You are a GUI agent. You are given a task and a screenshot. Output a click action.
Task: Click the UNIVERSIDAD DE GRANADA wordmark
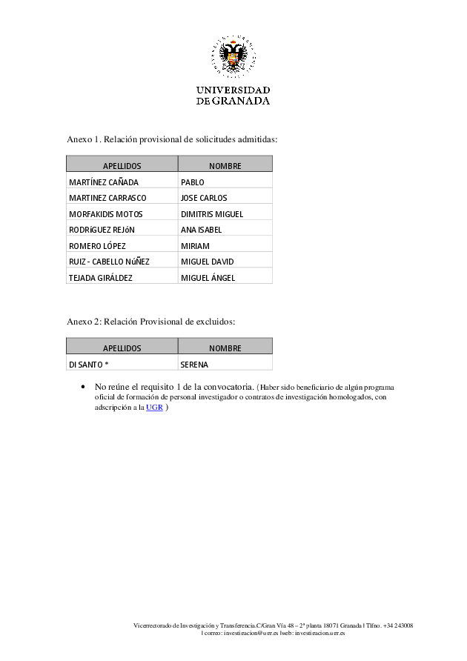click(x=233, y=96)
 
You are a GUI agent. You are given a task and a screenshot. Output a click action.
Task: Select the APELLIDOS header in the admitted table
click(x=122, y=165)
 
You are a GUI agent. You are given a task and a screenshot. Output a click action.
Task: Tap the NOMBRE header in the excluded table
click(x=225, y=348)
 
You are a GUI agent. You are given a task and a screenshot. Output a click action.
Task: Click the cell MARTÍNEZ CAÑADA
click(x=104, y=182)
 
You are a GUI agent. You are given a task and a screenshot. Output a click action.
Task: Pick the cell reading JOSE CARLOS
click(x=204, y=198)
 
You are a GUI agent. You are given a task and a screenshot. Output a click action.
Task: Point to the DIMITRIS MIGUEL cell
click(x=212, y=214)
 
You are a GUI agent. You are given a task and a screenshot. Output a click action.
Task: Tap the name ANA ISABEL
click(x=201, y=230)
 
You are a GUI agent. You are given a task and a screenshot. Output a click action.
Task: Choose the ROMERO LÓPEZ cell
click(x=97, y=246)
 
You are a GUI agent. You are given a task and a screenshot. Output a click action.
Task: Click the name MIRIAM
click(x=195, y=246)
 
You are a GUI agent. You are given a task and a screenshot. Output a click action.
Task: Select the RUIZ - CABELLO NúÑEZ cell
click(x=109, y=262)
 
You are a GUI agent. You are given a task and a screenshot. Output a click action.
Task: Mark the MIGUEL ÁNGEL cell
click(x=208, y=278)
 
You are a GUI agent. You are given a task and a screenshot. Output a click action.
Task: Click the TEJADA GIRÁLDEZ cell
click(x=101, y=278)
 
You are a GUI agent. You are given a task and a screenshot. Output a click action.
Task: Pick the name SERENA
click(x=194, y=365)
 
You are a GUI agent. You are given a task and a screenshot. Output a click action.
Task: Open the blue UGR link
click(x=154, y=408)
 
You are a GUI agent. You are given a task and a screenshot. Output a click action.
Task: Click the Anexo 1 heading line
click(x=172, y=139)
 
